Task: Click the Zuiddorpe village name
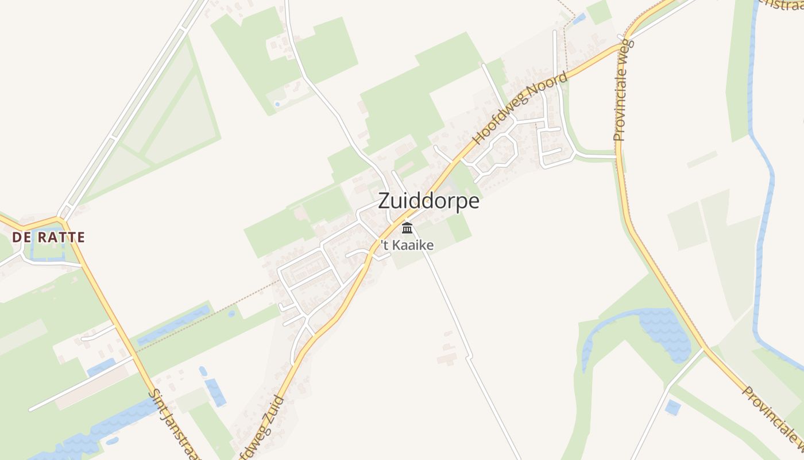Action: coord(428,202)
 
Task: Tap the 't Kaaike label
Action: coord(407,246)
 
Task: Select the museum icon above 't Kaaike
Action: coord(407,228)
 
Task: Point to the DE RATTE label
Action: coord(48,237)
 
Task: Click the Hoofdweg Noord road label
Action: coord(520,108)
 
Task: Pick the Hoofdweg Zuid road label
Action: coord(263,427)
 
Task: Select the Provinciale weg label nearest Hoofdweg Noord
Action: coord(623,90)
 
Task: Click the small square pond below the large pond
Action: coord(672,408)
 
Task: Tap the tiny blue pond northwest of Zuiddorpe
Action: coord(278,104)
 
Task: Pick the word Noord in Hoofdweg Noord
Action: coord(550,86)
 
